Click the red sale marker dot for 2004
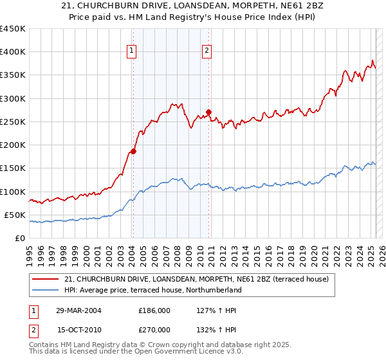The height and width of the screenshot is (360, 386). pyautogui.click(x=133, y=152)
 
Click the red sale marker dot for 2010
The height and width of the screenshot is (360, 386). pyautogui.click(x=209, y=112)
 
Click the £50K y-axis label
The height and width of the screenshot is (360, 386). pyautogui.click(x=15, y=215)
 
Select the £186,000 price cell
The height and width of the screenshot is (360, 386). pyautogui.click(x=154, y=310)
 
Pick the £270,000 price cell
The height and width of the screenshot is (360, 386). pyautogui.click(x=154, y=329)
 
